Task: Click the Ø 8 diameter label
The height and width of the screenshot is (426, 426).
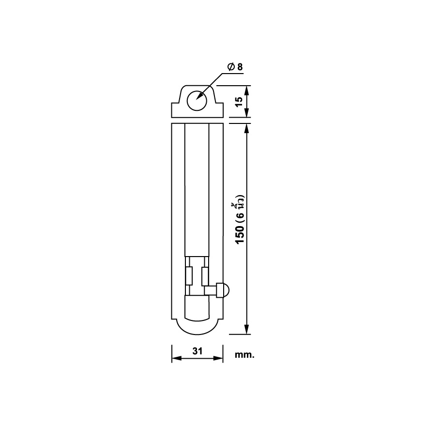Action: (x=235, y=67)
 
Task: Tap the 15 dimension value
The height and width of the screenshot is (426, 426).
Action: (x=239, y=101)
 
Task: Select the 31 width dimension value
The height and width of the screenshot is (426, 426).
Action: (x=198, y=351)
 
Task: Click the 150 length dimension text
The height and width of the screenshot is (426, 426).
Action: (x=240, y=234)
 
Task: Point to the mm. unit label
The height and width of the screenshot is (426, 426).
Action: (x=244, y=355)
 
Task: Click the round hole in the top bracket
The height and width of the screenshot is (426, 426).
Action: (x=197, y=101)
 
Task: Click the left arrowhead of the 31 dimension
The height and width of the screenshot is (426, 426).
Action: (x=177, y=358)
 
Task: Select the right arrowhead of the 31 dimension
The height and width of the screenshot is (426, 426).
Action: (x=218, y=358)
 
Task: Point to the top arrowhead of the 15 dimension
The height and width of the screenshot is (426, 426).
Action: (x=246, y=90)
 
